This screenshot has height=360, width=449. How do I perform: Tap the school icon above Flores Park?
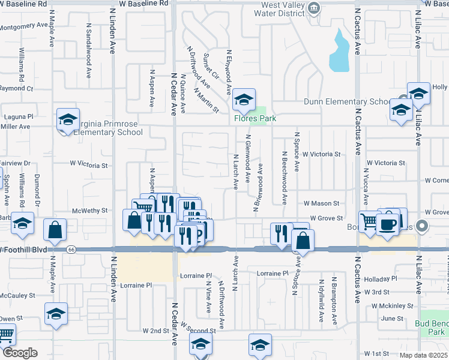(244, 101)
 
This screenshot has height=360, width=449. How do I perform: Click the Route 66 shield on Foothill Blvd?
(71, 249)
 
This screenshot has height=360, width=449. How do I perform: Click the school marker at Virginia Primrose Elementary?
(68, 119)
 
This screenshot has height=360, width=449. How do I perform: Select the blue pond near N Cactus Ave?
(339, 51)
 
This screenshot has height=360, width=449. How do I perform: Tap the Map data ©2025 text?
(420, 355)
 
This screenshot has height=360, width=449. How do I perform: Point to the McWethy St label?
(89, 211)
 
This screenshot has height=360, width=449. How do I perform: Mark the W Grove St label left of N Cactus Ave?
(325, 218)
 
